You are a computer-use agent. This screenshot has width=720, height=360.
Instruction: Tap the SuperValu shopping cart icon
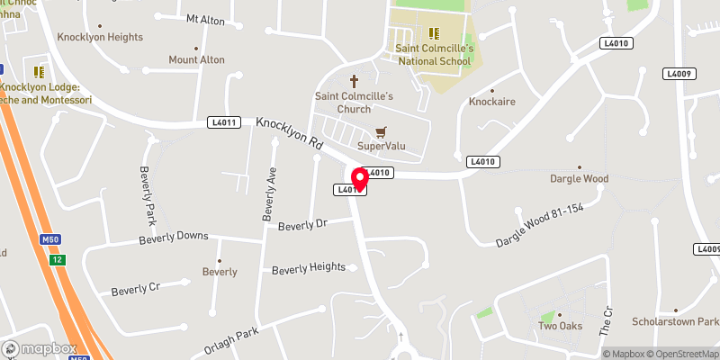pos(381,131)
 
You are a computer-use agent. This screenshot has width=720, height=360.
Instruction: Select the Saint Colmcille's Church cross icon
pos(355,80)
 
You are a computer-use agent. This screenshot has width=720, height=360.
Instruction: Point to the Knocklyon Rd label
pos(289,131)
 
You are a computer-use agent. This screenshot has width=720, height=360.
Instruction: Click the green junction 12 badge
pos(58,260)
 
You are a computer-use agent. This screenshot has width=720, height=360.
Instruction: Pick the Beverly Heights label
pos(309,268)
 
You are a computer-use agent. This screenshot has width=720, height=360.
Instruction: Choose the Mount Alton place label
pos(196,59)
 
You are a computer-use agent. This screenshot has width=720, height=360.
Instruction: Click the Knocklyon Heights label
pos(100,37)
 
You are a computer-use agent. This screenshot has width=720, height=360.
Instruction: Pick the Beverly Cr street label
pos(135,291)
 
